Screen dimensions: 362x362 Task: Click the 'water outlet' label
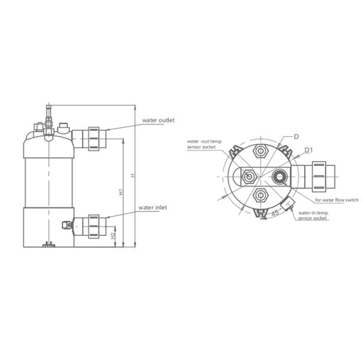[158, 120]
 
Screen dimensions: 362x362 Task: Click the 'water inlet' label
[153, 207]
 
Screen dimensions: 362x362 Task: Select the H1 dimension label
[121, 192]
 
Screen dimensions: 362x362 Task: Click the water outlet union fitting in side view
[94, 138]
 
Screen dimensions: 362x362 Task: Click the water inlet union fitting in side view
[94, 225]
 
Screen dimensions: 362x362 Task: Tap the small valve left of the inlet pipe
[68, 224]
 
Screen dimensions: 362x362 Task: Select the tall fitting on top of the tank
[46, 115]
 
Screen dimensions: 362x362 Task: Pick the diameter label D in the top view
[296, 137]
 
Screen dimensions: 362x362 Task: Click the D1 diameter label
[308, 150]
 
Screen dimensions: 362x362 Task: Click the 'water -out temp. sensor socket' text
[205, 144]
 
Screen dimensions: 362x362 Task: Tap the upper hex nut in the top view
[261, 151]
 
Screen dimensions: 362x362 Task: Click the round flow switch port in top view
[281, 176]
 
